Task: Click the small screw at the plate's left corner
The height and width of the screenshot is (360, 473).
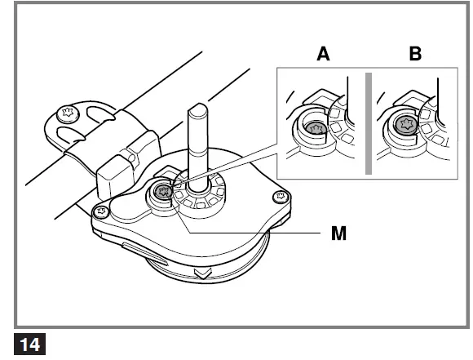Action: (x=102, y=212)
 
